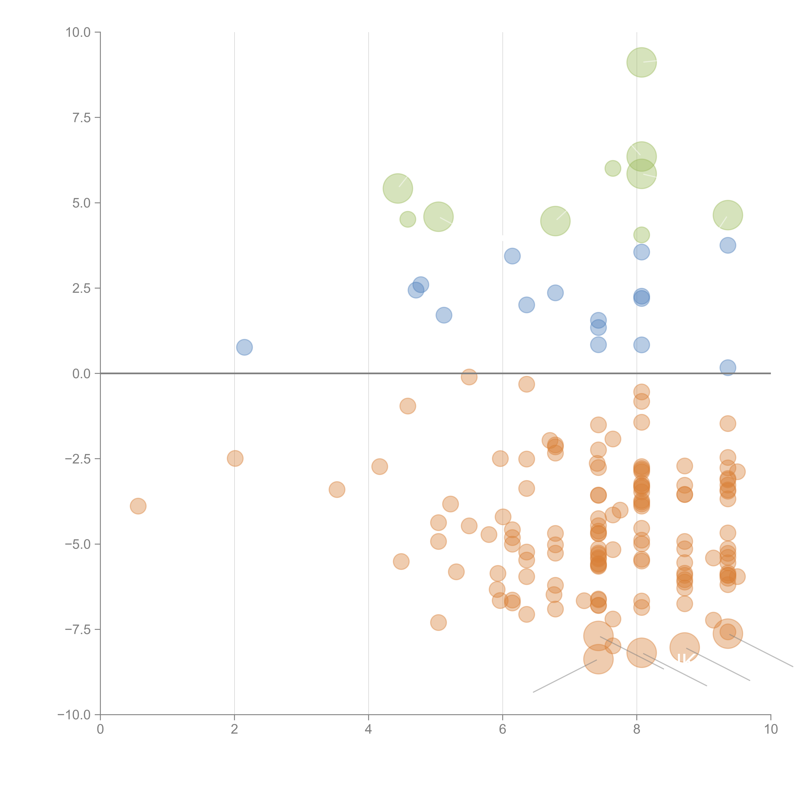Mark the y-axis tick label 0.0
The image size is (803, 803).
tap(81, 374)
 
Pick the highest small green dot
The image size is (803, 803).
tap(613, 168)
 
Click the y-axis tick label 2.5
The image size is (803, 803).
tap(81, 288)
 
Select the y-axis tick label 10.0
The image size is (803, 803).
tap(78, 32)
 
